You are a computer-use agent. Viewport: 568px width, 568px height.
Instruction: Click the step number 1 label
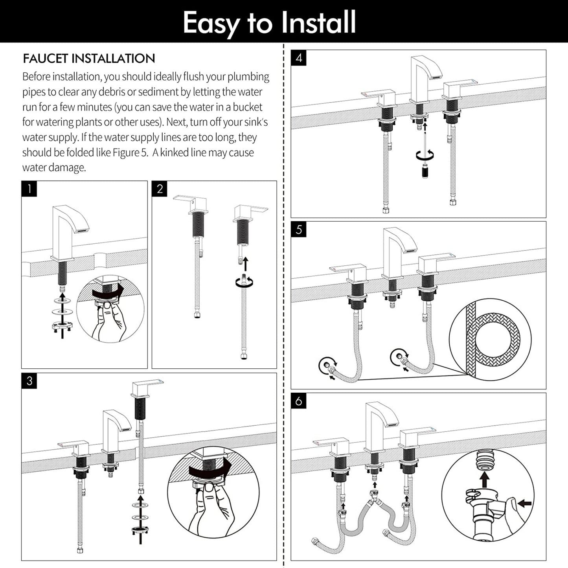[29, 189]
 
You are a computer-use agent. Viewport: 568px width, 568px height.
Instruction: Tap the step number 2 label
[160, 189]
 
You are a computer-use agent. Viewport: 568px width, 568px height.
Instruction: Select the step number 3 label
[29, 381]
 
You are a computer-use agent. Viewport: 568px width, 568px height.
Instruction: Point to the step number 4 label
[299, 58]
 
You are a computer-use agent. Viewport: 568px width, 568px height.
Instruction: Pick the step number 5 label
[299, 230]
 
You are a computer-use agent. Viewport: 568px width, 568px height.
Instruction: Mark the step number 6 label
[299, 401]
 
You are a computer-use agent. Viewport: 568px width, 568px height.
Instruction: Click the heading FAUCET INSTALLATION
[89, 59]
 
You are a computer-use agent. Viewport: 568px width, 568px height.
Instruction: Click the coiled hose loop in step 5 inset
[498, 338]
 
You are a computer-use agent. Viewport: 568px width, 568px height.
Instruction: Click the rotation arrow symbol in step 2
[244, 282]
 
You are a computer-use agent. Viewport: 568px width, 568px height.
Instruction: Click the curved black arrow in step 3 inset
[209, 470]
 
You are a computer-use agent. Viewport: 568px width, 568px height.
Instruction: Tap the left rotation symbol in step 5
[327, 364]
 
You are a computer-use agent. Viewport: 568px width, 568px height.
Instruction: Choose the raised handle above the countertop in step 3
[146, 388]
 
